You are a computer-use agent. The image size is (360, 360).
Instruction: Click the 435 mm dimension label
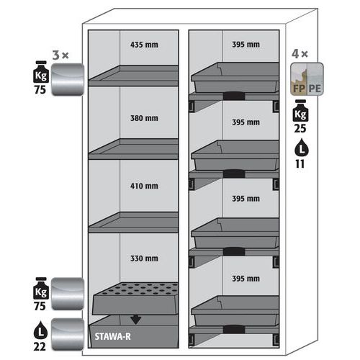tap(144, 45)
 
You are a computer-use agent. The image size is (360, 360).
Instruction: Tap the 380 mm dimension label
tap(144, 118)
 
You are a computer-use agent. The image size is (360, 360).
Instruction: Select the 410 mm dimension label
tap(144, 186)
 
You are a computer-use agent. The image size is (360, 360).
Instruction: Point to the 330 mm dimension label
tap(144, 258)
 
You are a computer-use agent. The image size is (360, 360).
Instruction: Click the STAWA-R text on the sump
tap(112, 336)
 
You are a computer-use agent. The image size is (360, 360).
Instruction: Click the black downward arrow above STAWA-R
tap(136, 320)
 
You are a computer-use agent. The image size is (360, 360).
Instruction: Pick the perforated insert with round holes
tap(135, 298)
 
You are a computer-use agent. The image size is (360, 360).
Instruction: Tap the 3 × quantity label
tap(60, 55)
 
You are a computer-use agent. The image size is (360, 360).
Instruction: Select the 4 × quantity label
tap(300, 54)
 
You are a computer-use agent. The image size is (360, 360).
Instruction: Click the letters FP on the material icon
tap(299, 89)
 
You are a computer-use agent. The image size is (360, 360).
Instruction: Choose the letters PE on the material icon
tap(315, 89)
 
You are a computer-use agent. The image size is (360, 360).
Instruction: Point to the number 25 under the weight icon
tap(300, 128)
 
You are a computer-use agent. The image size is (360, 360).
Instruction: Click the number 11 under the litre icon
tap(300, 164)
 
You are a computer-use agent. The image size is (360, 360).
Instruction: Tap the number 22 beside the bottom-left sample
tap(40, 346)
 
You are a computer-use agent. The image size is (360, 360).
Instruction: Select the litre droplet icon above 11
tap(302, 148)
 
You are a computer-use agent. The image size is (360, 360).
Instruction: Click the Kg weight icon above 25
tap(300, 111)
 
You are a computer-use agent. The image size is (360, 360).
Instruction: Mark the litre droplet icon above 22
tap(40, 330)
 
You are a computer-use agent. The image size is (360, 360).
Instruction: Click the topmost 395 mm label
tap(246, 45)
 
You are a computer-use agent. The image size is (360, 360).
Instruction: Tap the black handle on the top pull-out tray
tap(234, 96)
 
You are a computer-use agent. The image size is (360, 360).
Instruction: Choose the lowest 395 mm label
tap(246, 279)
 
